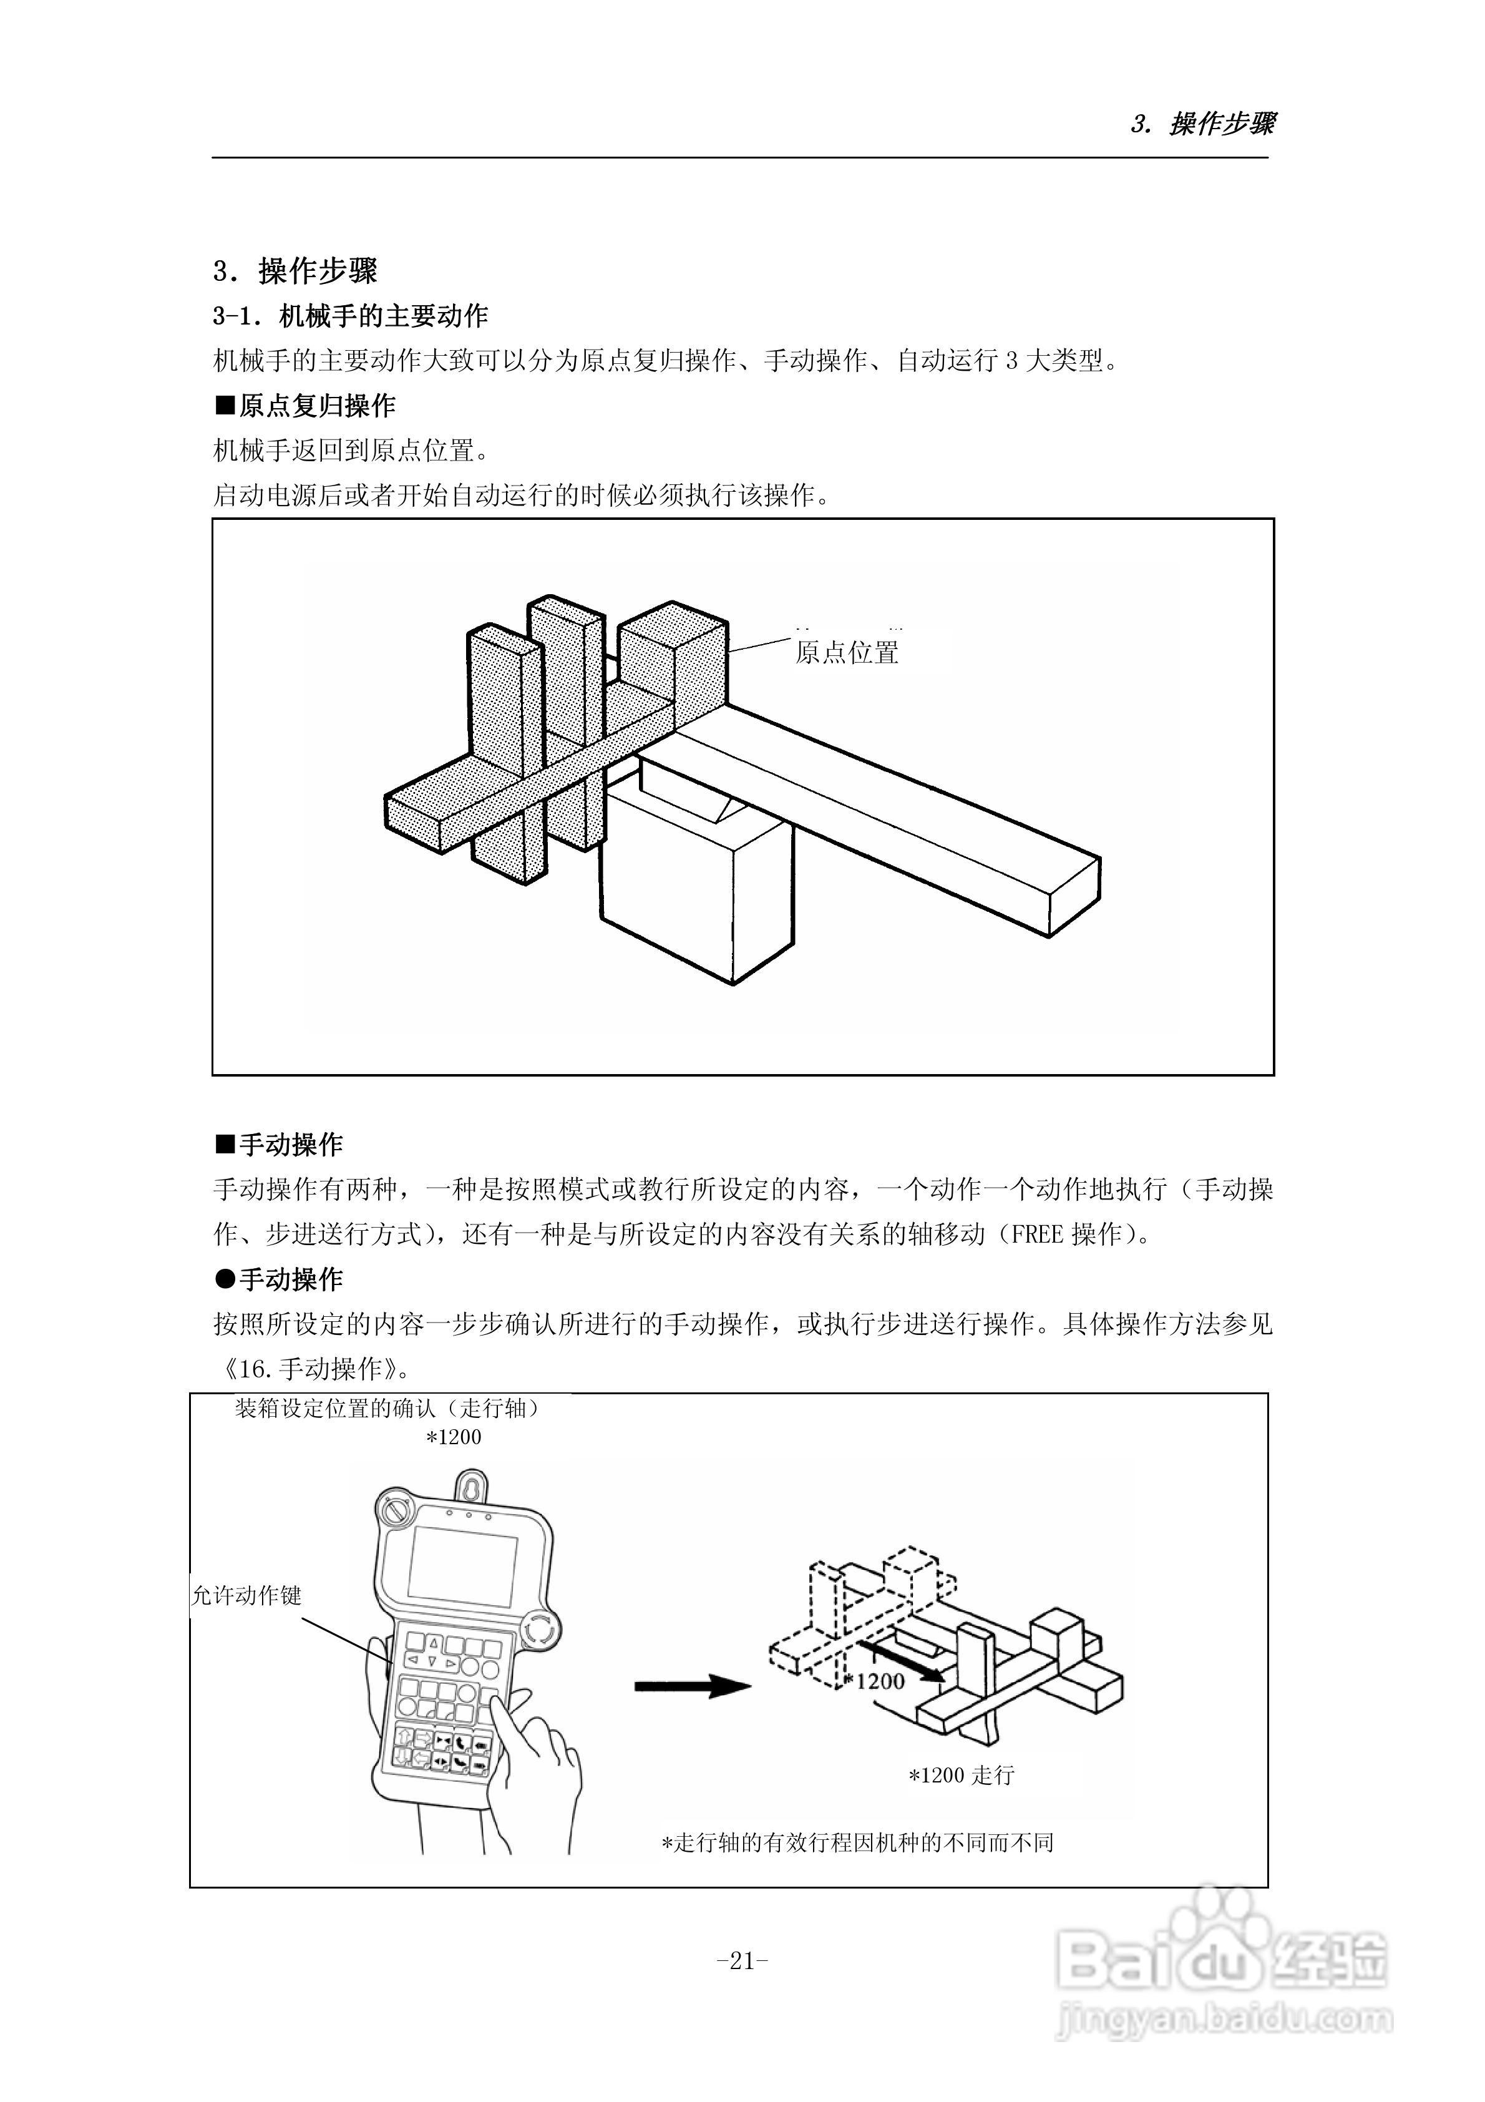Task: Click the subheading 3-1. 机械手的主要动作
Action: [351, 316]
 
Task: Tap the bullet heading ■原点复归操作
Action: [305, 406]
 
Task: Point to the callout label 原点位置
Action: [847, 653]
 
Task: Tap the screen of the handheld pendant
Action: [462, 1565]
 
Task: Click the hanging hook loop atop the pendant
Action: [470, 1483]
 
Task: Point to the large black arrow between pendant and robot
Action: [691, 1686]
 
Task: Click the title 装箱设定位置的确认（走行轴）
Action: [387, 1408]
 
